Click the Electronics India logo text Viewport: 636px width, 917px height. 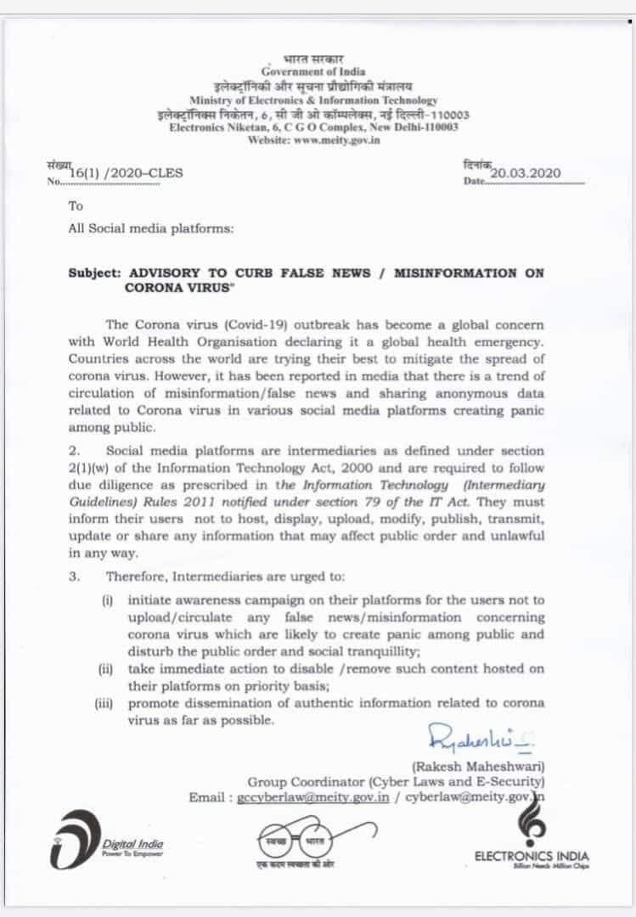(x=532, y=856)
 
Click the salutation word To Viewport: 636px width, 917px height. (x=76, y=206)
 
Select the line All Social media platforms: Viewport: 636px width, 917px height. (x=151, y=228)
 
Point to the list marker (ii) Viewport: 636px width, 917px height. (x=105, y=669)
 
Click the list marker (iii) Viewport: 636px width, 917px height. (x=106, y=703)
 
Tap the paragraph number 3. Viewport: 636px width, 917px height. (x=75, y=577)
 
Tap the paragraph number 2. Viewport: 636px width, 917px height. (x=74, y=451)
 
